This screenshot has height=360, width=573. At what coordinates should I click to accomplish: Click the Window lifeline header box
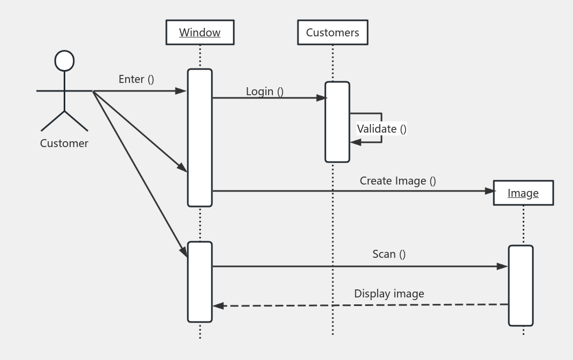[200, 33]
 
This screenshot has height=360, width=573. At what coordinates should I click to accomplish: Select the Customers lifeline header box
[332, 33]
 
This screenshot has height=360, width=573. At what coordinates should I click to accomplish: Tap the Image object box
[523, 193]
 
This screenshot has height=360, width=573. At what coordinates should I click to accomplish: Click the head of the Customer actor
[65, 61]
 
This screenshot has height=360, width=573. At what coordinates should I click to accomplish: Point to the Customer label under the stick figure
[64, 143]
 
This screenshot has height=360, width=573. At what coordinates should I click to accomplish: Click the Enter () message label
[136, 79]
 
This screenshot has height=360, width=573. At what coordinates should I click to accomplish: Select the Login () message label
[264, 91]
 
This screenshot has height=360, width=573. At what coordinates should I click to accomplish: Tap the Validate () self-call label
[381, 129]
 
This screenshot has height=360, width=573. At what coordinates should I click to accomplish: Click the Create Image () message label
[398, 181]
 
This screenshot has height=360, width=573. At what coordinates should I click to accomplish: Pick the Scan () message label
[389, 254]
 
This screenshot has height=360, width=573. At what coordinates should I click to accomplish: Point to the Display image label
[389, 294]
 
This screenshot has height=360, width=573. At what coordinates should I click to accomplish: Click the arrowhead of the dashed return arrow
[218, 306]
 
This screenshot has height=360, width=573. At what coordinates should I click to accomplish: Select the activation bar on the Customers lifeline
[337, 122]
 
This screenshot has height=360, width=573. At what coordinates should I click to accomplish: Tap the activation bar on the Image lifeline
[521, 286]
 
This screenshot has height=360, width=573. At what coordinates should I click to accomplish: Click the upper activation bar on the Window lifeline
[200, 137]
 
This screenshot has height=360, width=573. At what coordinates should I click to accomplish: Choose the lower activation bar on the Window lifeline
[200, 282]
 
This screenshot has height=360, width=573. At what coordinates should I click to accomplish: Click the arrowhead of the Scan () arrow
[502, 266]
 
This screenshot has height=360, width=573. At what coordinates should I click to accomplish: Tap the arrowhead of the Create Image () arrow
[489, 191]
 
